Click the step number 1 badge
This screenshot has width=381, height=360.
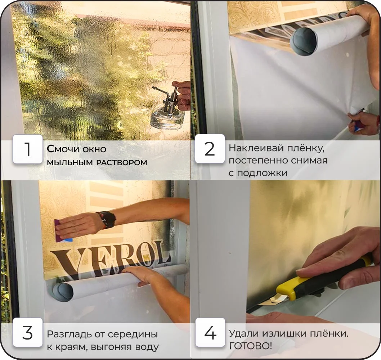click(28, 149)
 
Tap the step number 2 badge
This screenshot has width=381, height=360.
click(210, 149)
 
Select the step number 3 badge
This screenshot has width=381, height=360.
click(28, 332)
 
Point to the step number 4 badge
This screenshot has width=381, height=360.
click(210, 332)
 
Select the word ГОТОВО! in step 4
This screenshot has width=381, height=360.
click(250, 346)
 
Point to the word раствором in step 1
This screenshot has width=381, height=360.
click(122, 162)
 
